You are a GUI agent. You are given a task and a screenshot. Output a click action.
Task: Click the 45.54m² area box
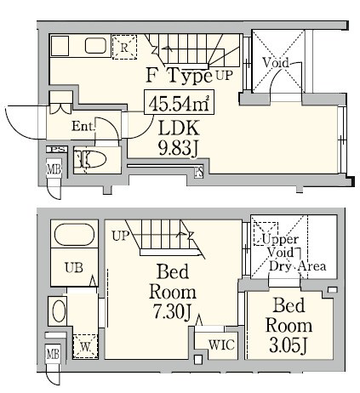[x=179, y=102]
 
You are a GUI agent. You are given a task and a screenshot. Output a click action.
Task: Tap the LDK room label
[x=179, y=128]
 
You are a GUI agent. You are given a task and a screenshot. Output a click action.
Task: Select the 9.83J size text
[x=178, y=148]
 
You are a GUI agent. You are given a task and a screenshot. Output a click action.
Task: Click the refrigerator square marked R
[x=124, y=48]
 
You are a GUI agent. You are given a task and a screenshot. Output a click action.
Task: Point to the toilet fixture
[x=89, y=159]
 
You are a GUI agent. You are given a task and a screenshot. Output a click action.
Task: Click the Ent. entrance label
[x=83, y=126]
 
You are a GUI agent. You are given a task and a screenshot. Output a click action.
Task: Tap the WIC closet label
[x=221, y=345]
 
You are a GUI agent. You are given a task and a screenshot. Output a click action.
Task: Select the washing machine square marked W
[x=85, y=346]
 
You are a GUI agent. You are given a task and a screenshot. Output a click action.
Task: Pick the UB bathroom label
[x=74, y=268]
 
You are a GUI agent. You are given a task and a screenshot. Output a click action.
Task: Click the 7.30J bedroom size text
[x=173, y=312]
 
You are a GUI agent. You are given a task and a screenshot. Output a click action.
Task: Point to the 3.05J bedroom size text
[x=289, y=345]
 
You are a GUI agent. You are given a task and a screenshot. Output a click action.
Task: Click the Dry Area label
[x=297, y=266]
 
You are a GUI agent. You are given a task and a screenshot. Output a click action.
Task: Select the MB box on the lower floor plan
[x=53, y=354]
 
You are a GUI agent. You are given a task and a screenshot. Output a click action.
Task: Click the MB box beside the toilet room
[x=54, y=169]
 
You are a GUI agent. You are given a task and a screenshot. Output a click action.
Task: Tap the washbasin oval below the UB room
[x=59, y=311]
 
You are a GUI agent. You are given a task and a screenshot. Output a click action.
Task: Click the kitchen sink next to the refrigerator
[x=96, y=46]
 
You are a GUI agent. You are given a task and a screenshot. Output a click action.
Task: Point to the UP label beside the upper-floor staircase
[x=225, y=76]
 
